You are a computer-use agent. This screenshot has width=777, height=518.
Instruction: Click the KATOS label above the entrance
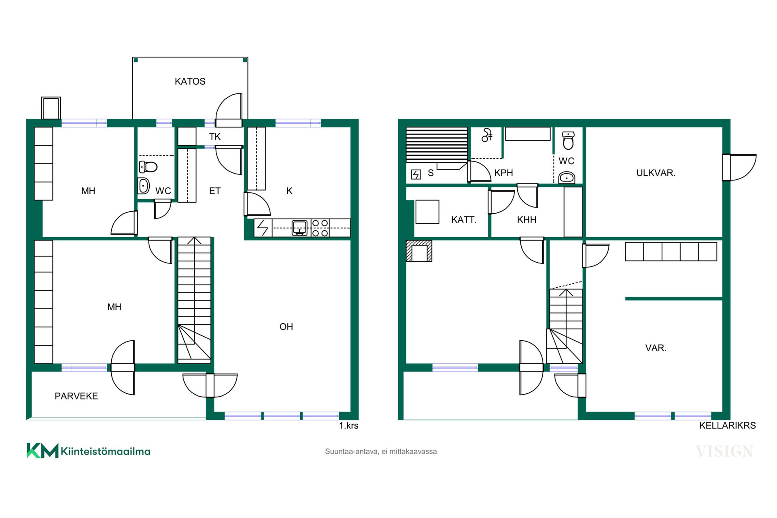point(190,81)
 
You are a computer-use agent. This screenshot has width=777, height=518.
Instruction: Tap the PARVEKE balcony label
point(76,396)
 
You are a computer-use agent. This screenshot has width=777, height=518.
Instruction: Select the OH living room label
point(286,327)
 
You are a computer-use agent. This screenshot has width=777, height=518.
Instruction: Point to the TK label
point(215,137)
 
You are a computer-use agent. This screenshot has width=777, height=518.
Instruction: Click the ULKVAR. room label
point(656,173)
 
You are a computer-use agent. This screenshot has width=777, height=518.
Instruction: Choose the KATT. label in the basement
point(464,220)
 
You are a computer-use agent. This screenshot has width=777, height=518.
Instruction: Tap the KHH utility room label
point(526,220)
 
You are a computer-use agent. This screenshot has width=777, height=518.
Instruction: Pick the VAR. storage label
point(656,348)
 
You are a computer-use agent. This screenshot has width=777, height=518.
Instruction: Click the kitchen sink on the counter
point(299,227)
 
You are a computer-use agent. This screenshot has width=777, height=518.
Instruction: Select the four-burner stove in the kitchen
point(320,228)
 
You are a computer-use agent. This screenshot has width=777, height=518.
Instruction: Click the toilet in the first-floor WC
point(148,166)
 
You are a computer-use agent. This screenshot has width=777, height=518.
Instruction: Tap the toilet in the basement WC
point(569,140)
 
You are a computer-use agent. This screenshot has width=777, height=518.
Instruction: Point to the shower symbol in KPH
point(487,135)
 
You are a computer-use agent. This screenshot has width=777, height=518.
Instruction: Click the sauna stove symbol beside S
point(416,174)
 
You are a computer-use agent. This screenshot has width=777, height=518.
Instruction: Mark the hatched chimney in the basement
point(419,251)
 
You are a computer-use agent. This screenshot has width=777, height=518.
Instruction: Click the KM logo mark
point(42,450)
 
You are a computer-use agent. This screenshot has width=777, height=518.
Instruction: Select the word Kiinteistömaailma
point(106,451)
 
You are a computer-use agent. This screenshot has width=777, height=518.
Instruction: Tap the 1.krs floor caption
point(348,426)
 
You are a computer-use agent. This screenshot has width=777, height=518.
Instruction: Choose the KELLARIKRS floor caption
point(727,426)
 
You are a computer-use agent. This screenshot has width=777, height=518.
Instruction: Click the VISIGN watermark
point(724,451)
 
